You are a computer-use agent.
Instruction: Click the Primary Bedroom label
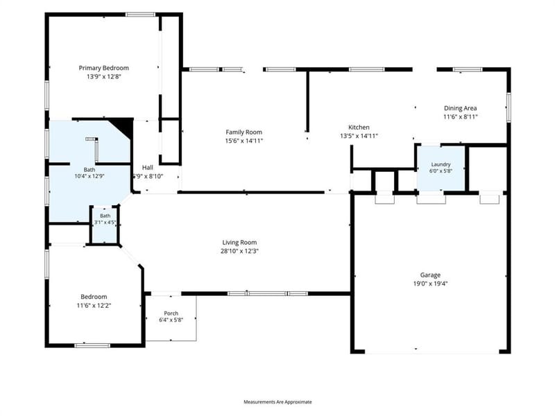tap(103, 68)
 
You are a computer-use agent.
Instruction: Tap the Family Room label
tap(244, 132)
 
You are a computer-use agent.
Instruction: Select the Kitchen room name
tap(359, 128)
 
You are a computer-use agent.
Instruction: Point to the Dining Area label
tap(460, 108)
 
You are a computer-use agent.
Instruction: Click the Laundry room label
tap(441, 164)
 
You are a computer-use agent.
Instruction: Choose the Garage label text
tap(430, 275)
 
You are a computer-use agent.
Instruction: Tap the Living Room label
tap(239, 242)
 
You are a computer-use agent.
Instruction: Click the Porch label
tap(171, 313)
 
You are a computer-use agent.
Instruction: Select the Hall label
tap(148, 167)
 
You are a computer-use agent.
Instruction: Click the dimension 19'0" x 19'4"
tap(430, 284)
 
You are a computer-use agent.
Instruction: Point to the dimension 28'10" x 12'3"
tap(239, 251)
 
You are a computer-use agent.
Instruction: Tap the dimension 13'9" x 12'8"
tap(103, 76)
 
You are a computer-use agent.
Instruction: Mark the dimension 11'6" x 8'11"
tap(460, 116)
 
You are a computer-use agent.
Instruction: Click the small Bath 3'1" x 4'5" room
tap(105, 225)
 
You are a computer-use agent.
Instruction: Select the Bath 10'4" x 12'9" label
tap(89, 173)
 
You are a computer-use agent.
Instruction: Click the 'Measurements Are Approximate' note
tap(277, 402)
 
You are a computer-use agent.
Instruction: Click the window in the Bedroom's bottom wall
tap(92, 345)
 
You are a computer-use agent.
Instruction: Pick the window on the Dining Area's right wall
tap(509, 107)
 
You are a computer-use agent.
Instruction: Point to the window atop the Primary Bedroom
tap(141, 15)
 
